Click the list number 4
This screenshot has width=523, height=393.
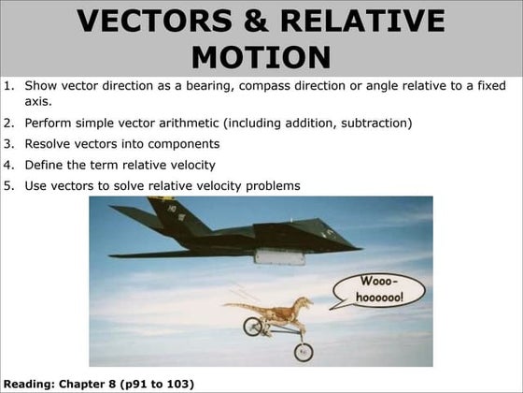[8, 165]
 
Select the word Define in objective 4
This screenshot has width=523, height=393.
[43, 165]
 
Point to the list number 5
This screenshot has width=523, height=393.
[8, 185]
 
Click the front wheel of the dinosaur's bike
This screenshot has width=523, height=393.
[304, 351]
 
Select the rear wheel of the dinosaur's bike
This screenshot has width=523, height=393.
[252, 326]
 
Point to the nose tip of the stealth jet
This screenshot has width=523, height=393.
[360, 246]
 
